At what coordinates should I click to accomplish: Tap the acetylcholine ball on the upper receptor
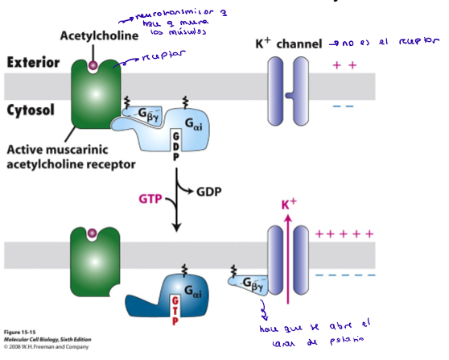(93, 64)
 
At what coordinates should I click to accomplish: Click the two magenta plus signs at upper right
(344, 64)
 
